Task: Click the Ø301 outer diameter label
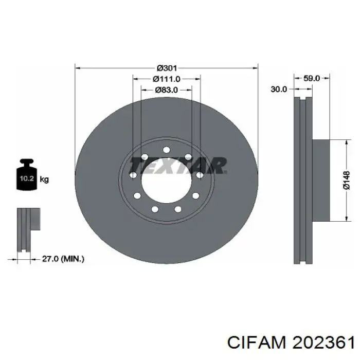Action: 167,68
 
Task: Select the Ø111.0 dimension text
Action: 167,79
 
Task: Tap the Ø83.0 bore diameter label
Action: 167,89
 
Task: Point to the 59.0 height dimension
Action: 312,79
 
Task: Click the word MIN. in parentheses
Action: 72,259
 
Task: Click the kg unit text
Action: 44,179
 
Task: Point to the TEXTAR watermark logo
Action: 177,165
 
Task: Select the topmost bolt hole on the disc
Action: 166,150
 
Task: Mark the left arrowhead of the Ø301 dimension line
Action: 78,68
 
